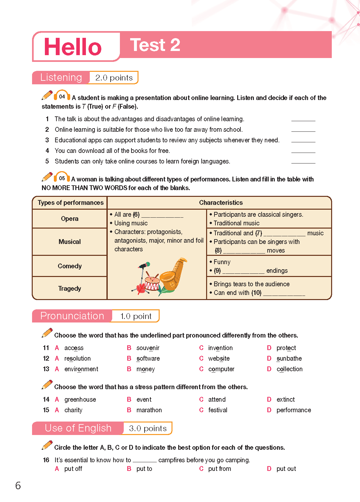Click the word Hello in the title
click(x=73, y=47)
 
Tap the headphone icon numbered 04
click(x=62, y=96)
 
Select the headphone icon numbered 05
click(x=62, y=178)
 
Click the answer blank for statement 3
click(x=303, y=140)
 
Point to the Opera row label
click(x=70, y=219)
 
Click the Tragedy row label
click(x=70, y=289)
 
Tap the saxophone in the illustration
click(x=173, y=274)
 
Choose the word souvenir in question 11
click(x=148, y=348)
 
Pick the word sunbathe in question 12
click(x=289, y=358)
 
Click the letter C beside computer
click(x=201, y=369)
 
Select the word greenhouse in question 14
click(x=80, y=399)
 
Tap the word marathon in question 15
click(x=149, y=410)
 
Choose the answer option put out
click(x=286, y=469)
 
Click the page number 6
click(x=18, y=486)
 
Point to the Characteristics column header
click(x=221, y=203)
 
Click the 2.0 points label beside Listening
click(x=114, y=78)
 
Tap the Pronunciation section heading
click(x=72, y=316)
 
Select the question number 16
click(x=46, y=460)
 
